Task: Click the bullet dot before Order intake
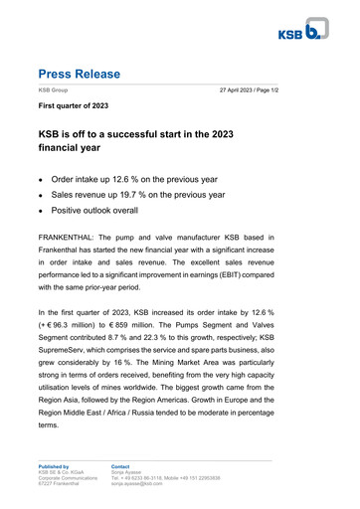(x=41, y=181)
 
